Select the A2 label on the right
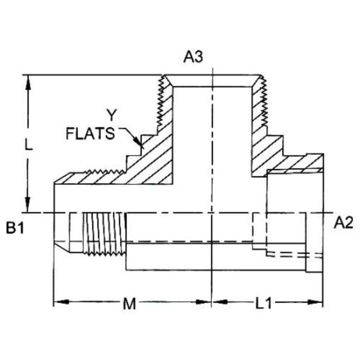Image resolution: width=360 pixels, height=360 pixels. coord(344,223)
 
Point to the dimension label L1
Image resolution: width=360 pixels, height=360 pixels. coord(264,304)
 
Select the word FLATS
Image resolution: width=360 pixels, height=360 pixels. coord(90,134)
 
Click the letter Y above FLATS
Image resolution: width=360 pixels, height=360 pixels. coord(113,116)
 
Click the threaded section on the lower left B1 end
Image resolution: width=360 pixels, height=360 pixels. coord(104,233)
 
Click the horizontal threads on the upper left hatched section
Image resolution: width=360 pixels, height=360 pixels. coord(103,171)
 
